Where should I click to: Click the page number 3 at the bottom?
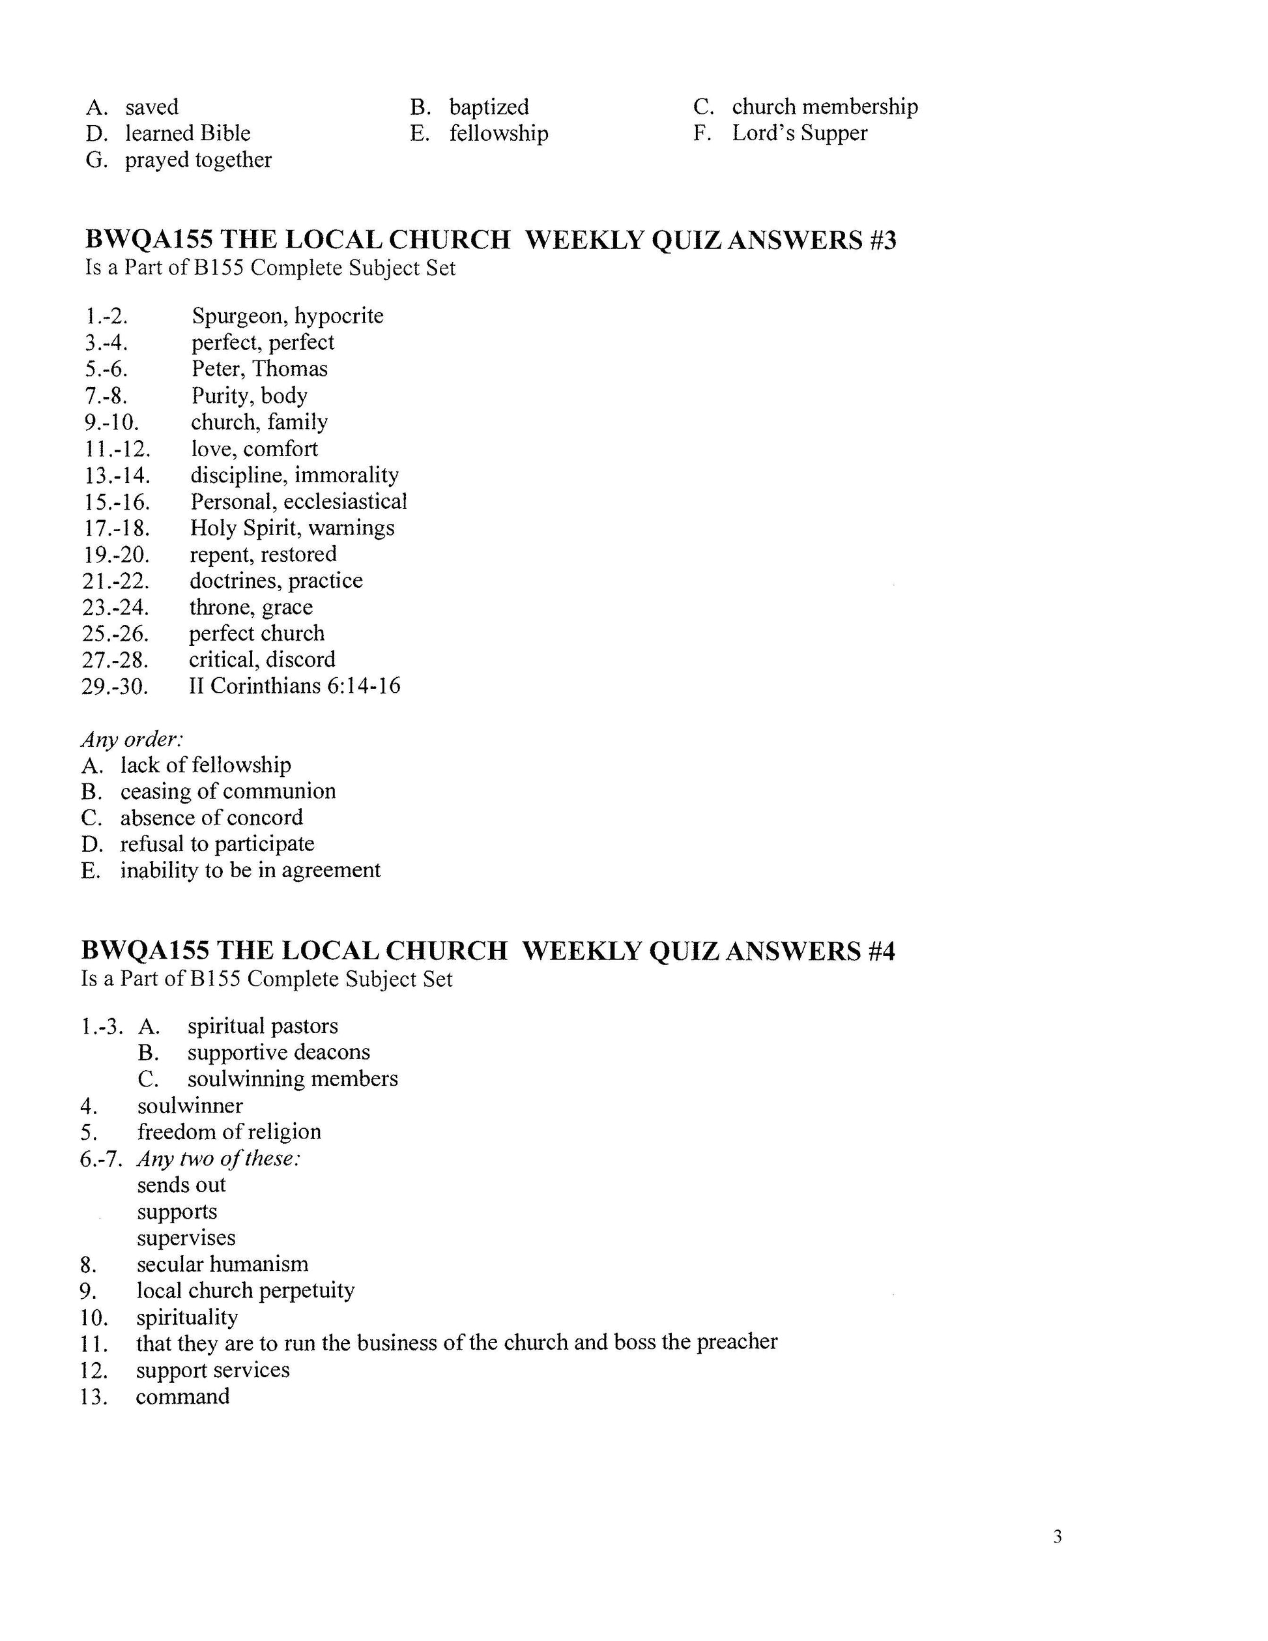click(1057, 1537)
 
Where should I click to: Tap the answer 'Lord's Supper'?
click(800, 133)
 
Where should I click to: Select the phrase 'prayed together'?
click(198, 160)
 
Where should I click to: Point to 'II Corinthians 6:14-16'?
click(295, 686)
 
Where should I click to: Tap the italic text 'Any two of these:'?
click(218, 1159)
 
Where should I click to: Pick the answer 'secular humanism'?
click(222, 1264)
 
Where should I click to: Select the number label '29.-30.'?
click(115, 686)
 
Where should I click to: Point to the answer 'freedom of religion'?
click(229, 1131)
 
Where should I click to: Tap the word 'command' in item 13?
click(182, 1397)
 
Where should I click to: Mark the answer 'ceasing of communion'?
click(227, 791)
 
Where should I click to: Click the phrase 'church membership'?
click(825, 107)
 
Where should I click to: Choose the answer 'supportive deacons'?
click(279, 1053)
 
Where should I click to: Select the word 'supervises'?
click(186, 1238)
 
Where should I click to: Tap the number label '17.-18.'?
click(117, 529)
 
